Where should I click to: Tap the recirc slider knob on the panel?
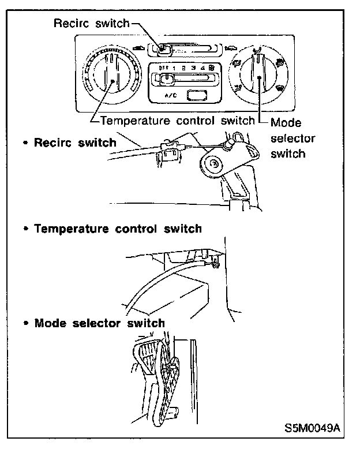(x=164, y=50)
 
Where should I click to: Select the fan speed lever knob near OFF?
(x=166, y=77)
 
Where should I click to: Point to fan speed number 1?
(x=174, y=68)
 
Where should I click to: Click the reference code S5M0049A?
(x=312, y=429)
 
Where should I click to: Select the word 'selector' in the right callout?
(x=292, y=139)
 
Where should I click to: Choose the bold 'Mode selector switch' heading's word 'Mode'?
(x=51, y=323)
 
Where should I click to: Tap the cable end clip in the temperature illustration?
(x=214, y=264)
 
